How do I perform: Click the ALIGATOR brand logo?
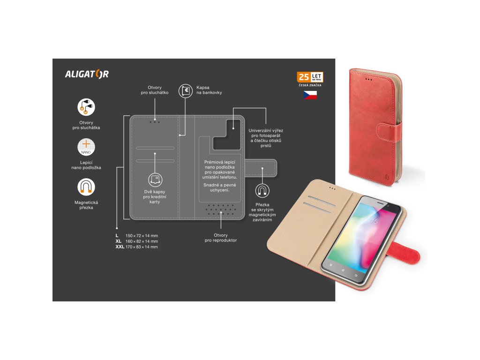(x=87, y=74)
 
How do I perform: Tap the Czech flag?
(x=310, y=95)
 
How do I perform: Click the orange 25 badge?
(x=303, y=77)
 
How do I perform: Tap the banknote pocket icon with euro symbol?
(x=186, y=91)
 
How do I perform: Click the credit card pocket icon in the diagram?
(x=155, y=179)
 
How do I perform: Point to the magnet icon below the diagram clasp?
(x=262, y=190)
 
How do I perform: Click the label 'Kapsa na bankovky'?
(x=209, y=90)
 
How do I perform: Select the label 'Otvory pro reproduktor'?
(x=220, y=238)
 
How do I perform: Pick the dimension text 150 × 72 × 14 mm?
(x=142, y=235)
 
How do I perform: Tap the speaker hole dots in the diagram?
(x=220, y=210)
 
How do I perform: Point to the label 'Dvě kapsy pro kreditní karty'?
(x=155, y=197)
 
